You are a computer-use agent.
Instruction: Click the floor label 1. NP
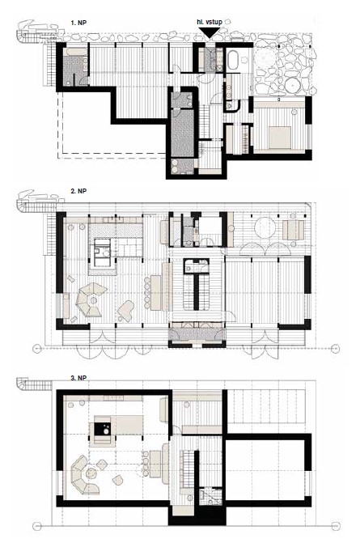coord(78,23)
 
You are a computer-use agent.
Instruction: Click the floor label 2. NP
coord(78,191)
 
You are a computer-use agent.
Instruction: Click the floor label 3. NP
coord(78,378)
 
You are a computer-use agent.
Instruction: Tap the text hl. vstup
coord(210,22)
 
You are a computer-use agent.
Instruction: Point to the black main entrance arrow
coord(210,32)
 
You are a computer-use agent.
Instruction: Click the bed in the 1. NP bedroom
coord(280,137)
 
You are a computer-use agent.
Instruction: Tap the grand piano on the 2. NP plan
coord(125,309)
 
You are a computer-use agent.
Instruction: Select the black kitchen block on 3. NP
coord(103,429)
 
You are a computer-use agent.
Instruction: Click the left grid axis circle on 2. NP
coord(37,349)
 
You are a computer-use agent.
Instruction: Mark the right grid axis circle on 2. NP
coord(335,349)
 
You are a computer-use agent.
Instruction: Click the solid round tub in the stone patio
coord(294,85)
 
